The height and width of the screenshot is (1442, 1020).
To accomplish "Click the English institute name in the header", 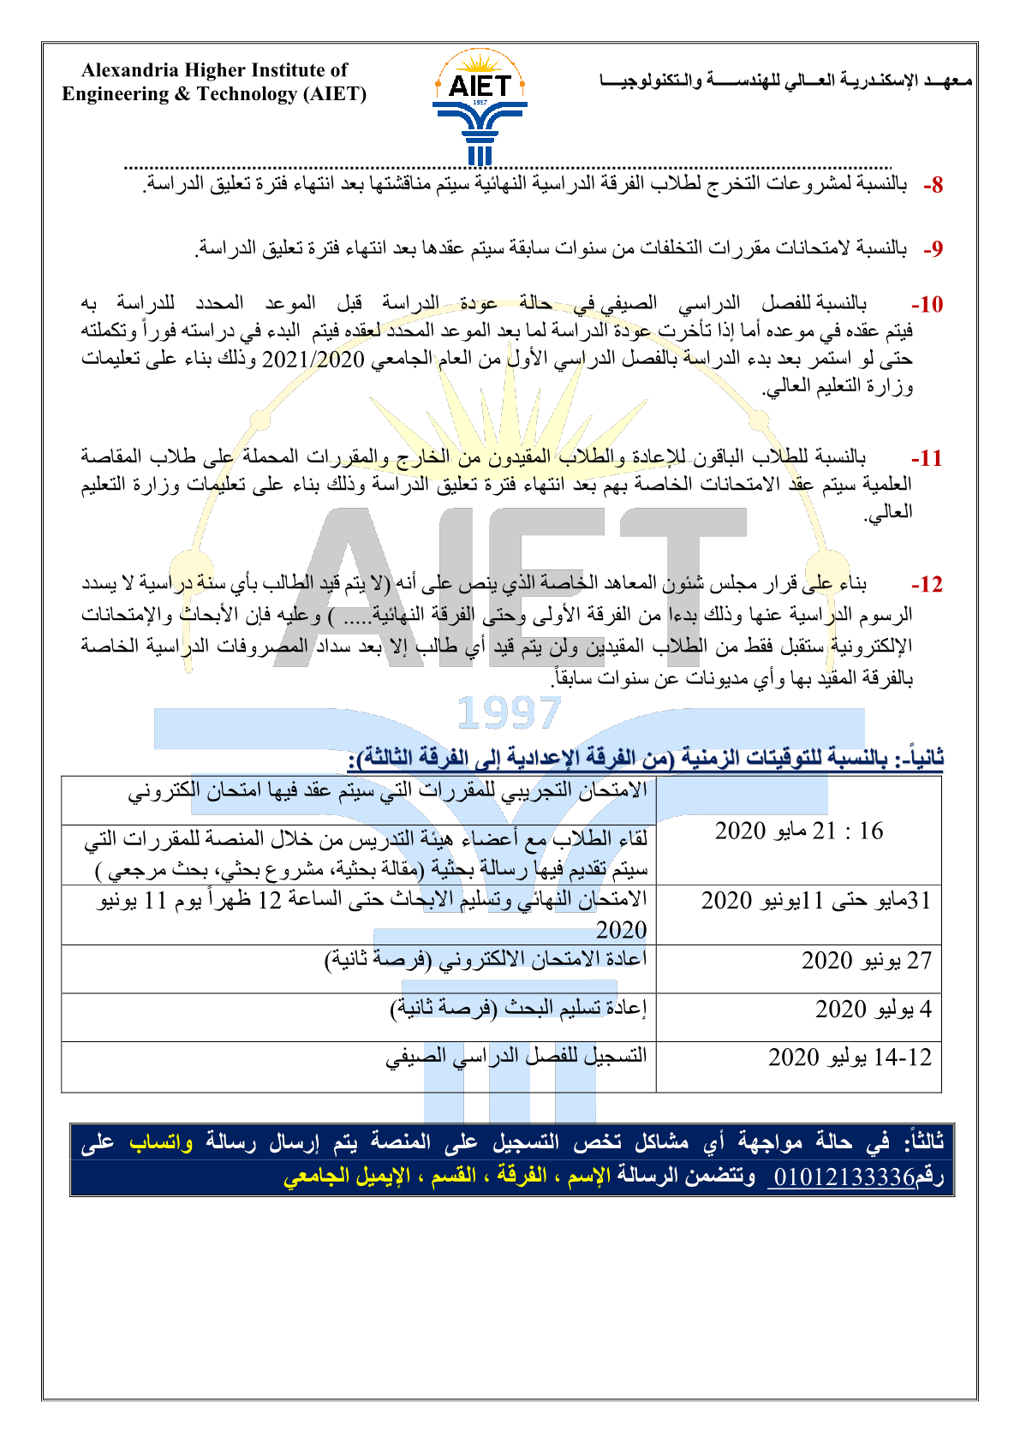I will tap(214, 82).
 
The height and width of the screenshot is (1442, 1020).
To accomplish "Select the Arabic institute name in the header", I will tap(786, 81).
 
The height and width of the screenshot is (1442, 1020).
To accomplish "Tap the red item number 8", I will tap(933, 185).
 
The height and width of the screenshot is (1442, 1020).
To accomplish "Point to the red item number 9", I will tap(933, 249).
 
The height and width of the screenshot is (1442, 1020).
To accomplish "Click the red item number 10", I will tap(927, 305).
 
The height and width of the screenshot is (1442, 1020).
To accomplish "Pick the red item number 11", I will tap(927, 458).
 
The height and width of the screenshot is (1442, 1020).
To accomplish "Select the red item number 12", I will tap(927, 585).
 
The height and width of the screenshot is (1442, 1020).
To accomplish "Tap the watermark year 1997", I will tap(510, 712).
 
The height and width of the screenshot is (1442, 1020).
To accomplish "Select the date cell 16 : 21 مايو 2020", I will tap(798, 831).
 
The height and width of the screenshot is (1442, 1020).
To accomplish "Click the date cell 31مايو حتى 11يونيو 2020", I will tap(814, 901).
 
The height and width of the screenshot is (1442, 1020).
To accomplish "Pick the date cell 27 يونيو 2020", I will tap(866, 961).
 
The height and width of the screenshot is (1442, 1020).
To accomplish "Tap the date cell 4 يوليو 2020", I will tap(873, 1010).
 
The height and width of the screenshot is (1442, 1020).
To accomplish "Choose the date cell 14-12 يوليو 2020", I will tap(849, 1058).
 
